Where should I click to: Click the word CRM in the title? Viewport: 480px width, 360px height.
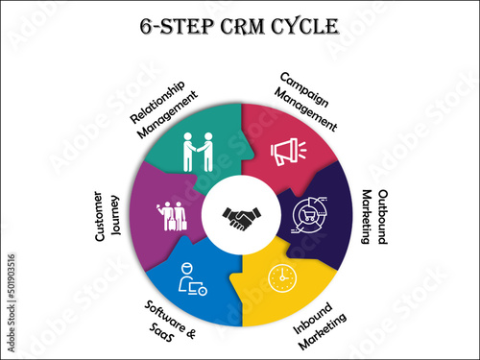(x=246, y=25)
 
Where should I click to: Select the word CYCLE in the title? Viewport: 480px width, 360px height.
(x=303, y=25)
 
